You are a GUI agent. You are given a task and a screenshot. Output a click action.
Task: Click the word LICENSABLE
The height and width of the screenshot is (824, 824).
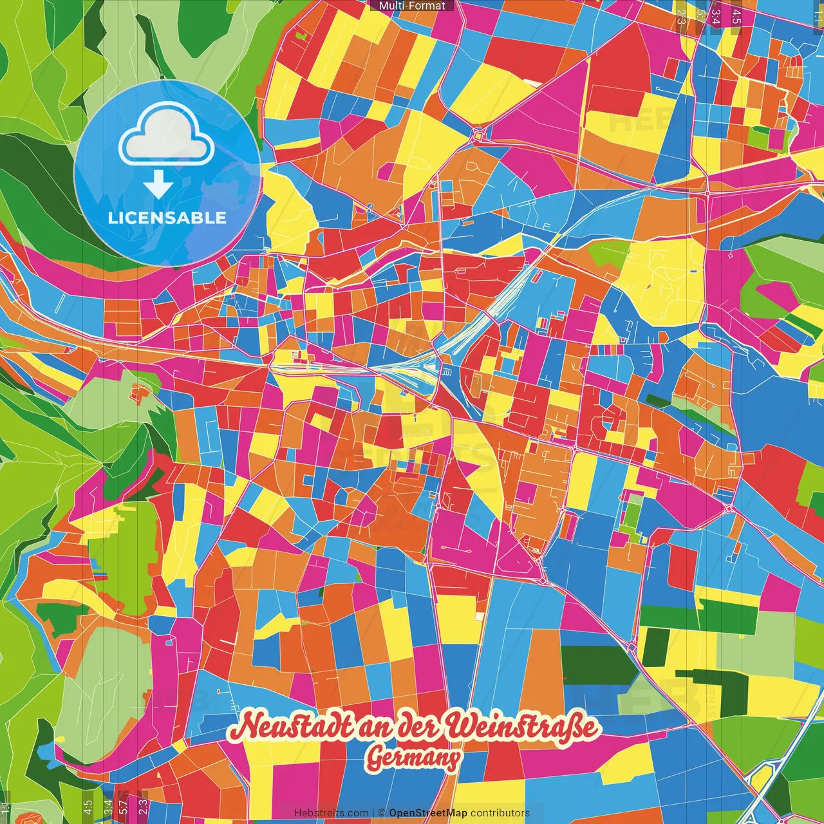pos(167,218)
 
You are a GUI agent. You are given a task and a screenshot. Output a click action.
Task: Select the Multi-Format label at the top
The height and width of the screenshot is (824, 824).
pos(412,6)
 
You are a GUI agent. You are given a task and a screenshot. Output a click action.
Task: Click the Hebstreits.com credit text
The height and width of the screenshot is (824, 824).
pos(331,813)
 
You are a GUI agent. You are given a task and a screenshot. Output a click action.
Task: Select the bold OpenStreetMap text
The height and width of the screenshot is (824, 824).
pos(428,813)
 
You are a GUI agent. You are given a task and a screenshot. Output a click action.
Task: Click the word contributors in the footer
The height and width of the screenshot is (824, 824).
pos(500,813)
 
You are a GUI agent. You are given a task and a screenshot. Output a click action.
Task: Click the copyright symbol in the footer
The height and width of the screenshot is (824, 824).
pos(381,813)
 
